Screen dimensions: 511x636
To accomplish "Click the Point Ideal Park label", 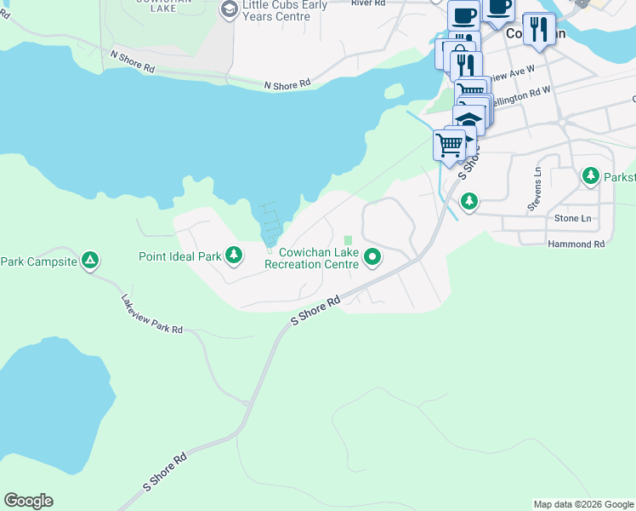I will [x=179, y=255].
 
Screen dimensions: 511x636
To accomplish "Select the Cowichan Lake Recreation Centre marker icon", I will [x=372, y=256].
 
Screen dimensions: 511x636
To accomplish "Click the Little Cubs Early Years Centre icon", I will [x=228, y=9].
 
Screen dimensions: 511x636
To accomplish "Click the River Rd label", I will [x=368, y=3].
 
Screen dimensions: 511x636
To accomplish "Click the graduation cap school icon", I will [x=468, y=119].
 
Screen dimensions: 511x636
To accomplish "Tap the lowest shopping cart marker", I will [x=449, y=143].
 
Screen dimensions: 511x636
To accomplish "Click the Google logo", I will [x=28, y=501].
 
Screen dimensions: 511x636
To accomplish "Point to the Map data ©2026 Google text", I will [x=583, y=504].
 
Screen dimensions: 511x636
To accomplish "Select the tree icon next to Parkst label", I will [x=591, y=176].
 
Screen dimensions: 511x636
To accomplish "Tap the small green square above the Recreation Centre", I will [x=348, y=240].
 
